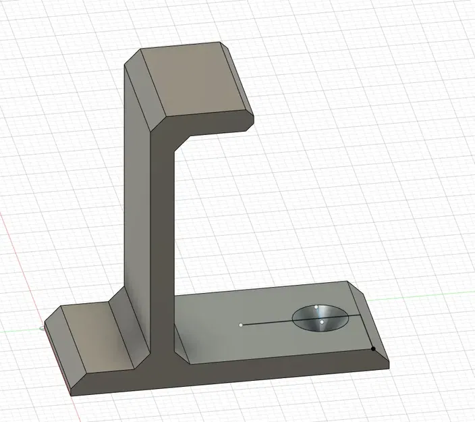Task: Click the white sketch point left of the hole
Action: coord(241,325)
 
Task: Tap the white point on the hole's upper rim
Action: coord(316,307)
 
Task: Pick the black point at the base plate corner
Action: coord(373,349)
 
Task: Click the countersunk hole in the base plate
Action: coord(321,318)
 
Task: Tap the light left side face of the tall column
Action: coord(139,203)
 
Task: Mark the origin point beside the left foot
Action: coord(43,329)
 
